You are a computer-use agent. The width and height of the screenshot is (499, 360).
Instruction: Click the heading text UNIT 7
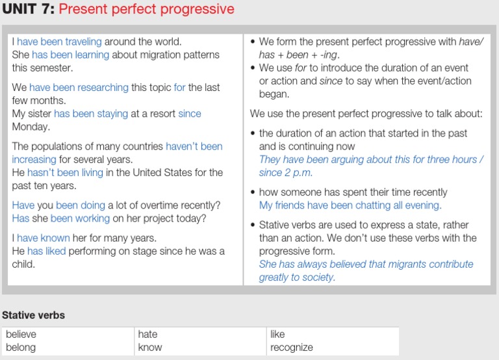(x=29, y=8)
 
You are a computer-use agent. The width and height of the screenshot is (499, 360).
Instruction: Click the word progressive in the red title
(x=198, y=9)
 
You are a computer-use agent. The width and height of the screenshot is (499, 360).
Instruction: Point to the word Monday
(x=31, y=127)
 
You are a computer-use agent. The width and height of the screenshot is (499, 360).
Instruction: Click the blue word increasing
(x=34, y=159)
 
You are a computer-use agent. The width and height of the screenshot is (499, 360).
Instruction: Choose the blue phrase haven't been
(x=194, y=146)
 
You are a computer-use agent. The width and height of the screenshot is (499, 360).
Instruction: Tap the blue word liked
(x=55, y=251)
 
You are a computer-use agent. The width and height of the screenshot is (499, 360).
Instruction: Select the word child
(x=23, y=264)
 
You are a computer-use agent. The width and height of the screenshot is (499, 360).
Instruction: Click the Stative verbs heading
(x=33, y=315)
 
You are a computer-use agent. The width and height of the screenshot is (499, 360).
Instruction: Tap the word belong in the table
(x=21, y=348)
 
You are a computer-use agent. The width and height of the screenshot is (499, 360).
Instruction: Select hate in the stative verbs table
(x=147, y=334)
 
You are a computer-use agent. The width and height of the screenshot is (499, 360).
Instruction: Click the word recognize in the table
(x=292, y=348)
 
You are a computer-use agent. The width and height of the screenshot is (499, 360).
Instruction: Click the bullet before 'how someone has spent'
(x=253, y=192)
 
